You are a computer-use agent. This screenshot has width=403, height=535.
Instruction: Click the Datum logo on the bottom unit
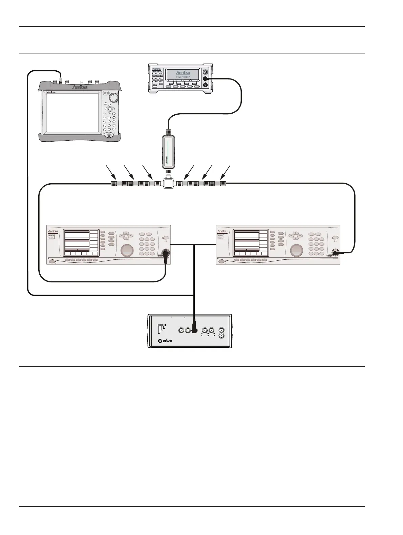(x=166, y=341)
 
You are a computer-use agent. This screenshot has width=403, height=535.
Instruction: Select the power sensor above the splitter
(x=168, y=149)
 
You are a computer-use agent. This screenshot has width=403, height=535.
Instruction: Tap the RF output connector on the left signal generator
(x=166, y=253)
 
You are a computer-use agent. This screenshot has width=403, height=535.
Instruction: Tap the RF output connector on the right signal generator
(x=335, y=253)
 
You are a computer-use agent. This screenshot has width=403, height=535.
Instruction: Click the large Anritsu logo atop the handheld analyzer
(x=82, y=88)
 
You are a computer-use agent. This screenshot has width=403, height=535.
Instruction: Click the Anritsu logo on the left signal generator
(x=53, y=231)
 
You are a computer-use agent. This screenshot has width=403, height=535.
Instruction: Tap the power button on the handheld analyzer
(x=109, y=135)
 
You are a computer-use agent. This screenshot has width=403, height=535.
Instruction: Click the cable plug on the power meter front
(x=205, y=78)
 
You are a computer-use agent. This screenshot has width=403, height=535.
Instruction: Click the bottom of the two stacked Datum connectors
(x=221, y=336)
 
